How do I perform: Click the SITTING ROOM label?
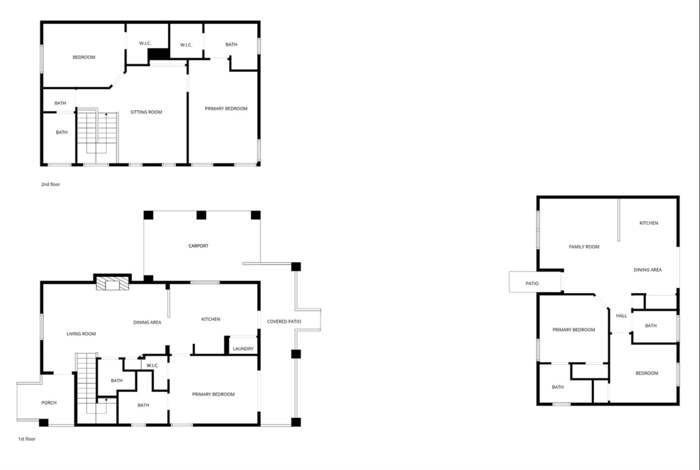tap(146, 112)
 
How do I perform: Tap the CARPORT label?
tap(198, 246)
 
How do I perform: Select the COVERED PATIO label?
tap(284, 322)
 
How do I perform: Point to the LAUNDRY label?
tap(243, 348)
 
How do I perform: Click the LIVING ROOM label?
tap(81, 334)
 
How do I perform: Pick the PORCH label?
tap(49, 402)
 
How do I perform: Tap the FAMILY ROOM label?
tap(584, 246)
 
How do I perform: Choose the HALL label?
tap(621, 315)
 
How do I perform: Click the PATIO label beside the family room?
tap(532, 283)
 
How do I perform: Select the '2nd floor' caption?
tap(51, 184)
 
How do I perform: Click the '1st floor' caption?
tap(27, 439)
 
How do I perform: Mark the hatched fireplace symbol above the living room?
tap(113, 284)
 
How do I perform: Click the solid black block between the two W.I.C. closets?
tap(159, 53)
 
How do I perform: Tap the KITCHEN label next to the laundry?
tap(211, 319)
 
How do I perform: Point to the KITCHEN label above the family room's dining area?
tap(649, 223)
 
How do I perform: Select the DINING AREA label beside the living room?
tap(147, 322)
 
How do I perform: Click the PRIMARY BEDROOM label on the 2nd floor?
tap(226, 109)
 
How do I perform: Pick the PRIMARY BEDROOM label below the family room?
tap(574, 330)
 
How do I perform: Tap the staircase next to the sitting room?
tap(97, 136)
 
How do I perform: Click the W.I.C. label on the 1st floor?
tap(152, 365)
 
